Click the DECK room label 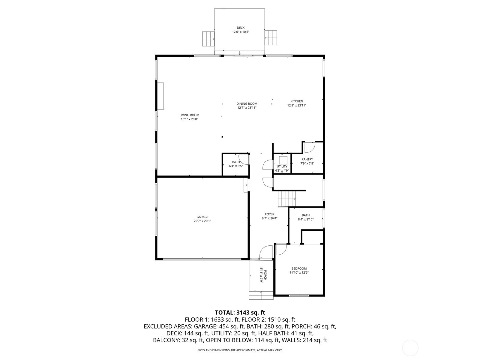pyautogui.click(x=241, y=28)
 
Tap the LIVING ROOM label pyautogui.click(x=189, y=115)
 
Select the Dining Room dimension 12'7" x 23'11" pyautogui.click(x=247, y=107)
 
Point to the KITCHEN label pyautogui.click(x=296, y=101)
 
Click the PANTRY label pyautogui.click(x=307, y=159)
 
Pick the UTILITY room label pyautogui.click(x=282, y=166)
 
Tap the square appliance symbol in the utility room pyautogui.click(x=283, y=160)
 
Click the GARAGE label pyautogui.click(x=202, y=217)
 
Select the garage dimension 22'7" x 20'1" pyautogui.click(x=202, y=221)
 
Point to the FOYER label pyautogui.click(x=269, y=214)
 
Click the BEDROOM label pyautogui.click(x=299, y=268)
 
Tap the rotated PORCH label pyautogui.click(x=265, y=275)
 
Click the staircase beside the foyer pyautogui.click(x=287, y=199)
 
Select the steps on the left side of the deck pyautogui.click(x=208, y=39)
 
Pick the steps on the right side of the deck pyautogui.click(x=271, y=38)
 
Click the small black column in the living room pyautogui.click(x=222, y=137)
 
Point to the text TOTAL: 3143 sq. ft pyautogui.click(x=240, y=312)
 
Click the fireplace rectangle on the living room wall pyautogui.click(x=161, y=96)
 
